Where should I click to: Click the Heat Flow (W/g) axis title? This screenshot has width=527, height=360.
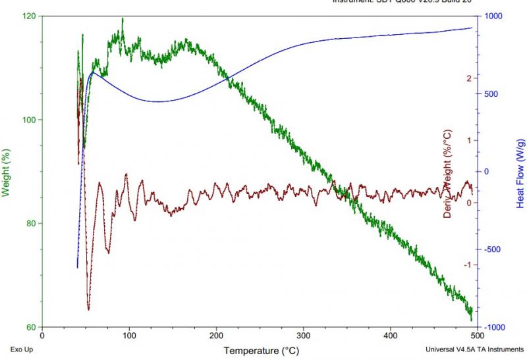click(x=520, y=173)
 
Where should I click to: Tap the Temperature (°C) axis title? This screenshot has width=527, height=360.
click(x=262, y=350)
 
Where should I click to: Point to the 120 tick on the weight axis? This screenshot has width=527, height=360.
click(x=30, y=16)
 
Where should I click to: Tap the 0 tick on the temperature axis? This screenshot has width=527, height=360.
click(x=42, y=334)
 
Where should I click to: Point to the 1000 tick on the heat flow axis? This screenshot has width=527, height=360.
click(x=494, y=16)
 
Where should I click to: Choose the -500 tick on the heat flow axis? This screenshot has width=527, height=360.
click(x=494, y=249)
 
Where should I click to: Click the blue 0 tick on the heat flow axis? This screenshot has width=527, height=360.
click(x=487, y=172)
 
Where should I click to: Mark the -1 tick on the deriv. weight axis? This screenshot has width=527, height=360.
click(x=470, y=265)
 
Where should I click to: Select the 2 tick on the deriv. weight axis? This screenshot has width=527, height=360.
click(x=469, y=78)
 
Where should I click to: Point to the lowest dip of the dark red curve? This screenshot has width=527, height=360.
click(x=88, y=309)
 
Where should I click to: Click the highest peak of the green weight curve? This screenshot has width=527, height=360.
click(x=123, y=18)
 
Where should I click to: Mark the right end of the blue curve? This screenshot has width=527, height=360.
click(x=472, y=28)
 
